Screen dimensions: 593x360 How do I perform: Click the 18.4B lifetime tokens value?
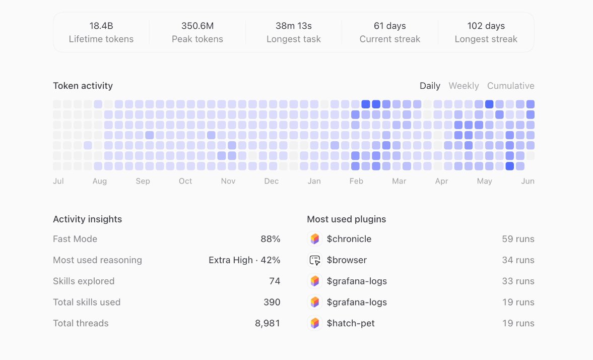coord(101,26)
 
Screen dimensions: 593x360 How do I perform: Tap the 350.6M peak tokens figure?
coord(197,26)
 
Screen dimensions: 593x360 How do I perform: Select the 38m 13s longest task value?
coord(293,26)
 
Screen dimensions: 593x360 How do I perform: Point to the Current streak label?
coord(389,39)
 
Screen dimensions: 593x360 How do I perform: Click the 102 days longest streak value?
coord(486,26)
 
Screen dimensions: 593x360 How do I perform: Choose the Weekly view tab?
coord(464,86)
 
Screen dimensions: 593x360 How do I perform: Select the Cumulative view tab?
coord(510,86)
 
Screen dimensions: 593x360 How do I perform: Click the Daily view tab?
coord(430,86)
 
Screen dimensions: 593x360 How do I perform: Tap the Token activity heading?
coord(83,86)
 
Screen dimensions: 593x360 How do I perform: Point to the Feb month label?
coord(356,181)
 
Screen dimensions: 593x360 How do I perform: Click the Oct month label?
coord(185,181)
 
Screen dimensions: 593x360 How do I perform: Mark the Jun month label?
coord(528,181)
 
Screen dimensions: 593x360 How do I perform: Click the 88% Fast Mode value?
coord(271,239)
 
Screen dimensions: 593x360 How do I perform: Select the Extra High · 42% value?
coord(244,260)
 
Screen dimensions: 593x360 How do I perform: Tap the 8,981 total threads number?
coord(268,323)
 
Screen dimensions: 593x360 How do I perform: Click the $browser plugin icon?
coord(315,260)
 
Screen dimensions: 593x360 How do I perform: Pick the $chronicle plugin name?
coord(349,239)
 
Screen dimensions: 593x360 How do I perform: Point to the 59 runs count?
coord(518,239)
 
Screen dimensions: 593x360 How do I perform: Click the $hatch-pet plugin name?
coord(351,323)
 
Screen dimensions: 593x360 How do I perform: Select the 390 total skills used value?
coord(272,302)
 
